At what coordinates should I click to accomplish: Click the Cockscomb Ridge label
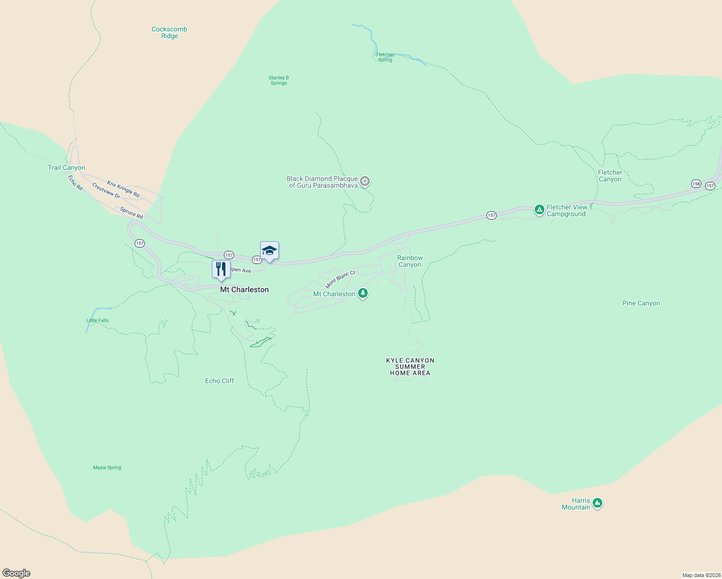pyautogui.click(x=169, y=32)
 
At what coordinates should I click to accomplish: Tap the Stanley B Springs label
pyautogui.click(x=278, y=80)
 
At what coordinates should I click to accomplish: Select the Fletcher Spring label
pyautogui.click(x=385, y=57)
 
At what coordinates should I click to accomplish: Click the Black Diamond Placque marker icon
pyautogui.click(x=365, y=181)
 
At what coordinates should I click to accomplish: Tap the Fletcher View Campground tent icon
pyautogui.click(x=539, y=209)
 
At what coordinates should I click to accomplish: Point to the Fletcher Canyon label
pyautogui.click(x=610, y=176)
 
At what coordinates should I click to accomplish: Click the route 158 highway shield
pyautogui.click(x=695, y=183)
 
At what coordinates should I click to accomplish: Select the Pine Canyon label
pyautogui.click(x=641, y=303)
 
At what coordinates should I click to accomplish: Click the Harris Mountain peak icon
pyautogui.click(x=597, y=503)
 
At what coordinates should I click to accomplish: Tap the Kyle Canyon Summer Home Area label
pyautogui.click(x=410, y=367)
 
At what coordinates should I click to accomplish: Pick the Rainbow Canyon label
pyautogui.click(x=410, y=261)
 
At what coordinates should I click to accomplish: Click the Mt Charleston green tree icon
pyautogui.click(x=363, y=293)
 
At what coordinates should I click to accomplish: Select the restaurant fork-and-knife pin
pyautogui.click(x=221, y=269)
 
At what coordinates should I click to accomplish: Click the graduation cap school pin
pyautogui.click(x=269, y=250)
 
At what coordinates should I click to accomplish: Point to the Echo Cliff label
pyautogui.click(x=220, y=381)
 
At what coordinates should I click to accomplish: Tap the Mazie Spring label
pyautogui.click(x=107, y=468)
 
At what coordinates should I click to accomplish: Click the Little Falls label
pyautogui.click(x=97, y=320)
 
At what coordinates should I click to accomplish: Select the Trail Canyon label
pyautogui.click(x=67, y=167)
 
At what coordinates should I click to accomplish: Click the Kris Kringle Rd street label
pyautogui.click(x=123, y=189)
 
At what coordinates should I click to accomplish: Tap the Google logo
pyautogui.click(x=16, y=573)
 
